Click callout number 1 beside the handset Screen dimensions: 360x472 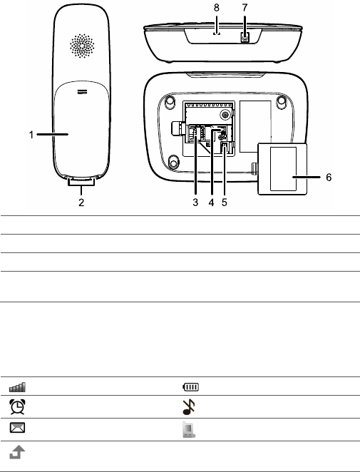pyautogui.click(x=31, y=135)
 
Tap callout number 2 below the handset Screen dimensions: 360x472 pyautogui.click(x=81, y=202)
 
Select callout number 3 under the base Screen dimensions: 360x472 pyautogui.click(x=195, y=202)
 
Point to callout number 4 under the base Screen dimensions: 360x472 pyautogui.click(x=211, y=202)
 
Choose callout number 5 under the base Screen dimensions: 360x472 pyautogui.click(x=225, y=202)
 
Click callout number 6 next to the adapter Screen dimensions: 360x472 pyautogui.click(x=329, y=178)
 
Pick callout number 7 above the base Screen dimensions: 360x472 pyautogui.click(x=245, y=8)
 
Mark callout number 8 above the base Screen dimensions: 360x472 pyautogui.click(x=217, y=8)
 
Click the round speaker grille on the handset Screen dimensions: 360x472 pyautogui.click(x=82, y=46)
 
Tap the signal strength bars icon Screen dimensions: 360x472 pyautogui.click(x=17, y=387)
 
